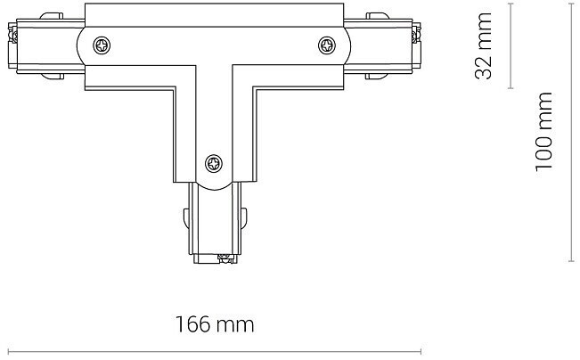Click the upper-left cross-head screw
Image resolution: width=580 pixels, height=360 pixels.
pos(102,45)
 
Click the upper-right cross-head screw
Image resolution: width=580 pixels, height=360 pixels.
pos(327,45)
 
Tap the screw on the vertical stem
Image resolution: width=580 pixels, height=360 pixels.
pos(214,163)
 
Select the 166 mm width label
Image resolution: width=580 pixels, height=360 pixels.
pos(215,324)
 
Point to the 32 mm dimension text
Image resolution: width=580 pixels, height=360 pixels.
pos(483,45)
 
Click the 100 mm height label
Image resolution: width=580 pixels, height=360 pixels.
pos(543,132)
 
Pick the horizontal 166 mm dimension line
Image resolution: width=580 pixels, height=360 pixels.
pos(215,351)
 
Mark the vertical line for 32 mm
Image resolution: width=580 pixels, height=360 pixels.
pos(511,45)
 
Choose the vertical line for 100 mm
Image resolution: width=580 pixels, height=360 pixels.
pos(571,132)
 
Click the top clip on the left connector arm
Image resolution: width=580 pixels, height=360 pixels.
pos(52,16)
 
